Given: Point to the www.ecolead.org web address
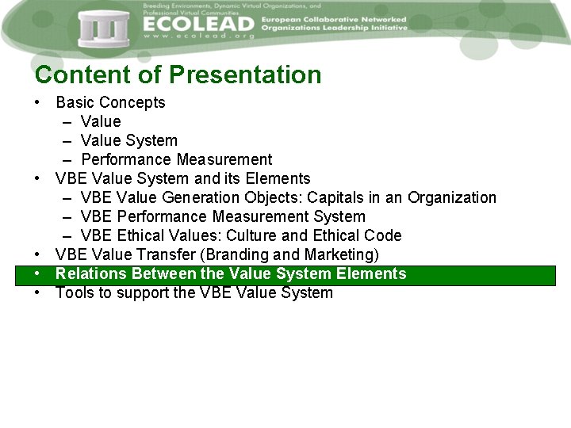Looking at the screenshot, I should click(198, 37).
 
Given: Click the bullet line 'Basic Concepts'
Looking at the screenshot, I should click(110, 102).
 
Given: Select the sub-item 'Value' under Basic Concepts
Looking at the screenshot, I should click(101, 121).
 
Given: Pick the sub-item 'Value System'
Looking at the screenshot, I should click(128, 140).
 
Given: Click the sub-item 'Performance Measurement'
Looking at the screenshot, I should click(176, 159).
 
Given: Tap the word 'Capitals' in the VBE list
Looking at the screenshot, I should click(334, 197).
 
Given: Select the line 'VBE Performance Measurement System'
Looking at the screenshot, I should click(223, 216).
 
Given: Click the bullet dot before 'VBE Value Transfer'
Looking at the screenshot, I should click(38, 254).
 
